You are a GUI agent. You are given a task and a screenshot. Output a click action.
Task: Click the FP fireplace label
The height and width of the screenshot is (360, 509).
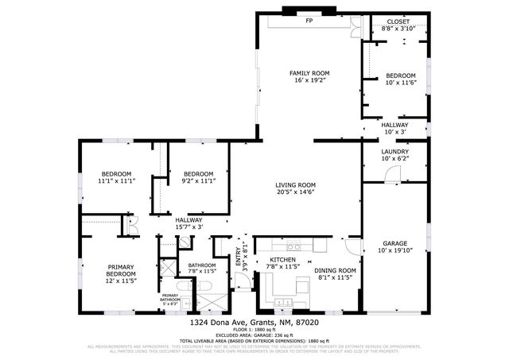(309, 21)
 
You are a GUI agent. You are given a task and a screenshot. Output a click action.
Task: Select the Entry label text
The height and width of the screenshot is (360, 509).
(238, 255)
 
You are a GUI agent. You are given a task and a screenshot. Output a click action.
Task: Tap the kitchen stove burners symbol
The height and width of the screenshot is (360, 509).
(292, 246)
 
